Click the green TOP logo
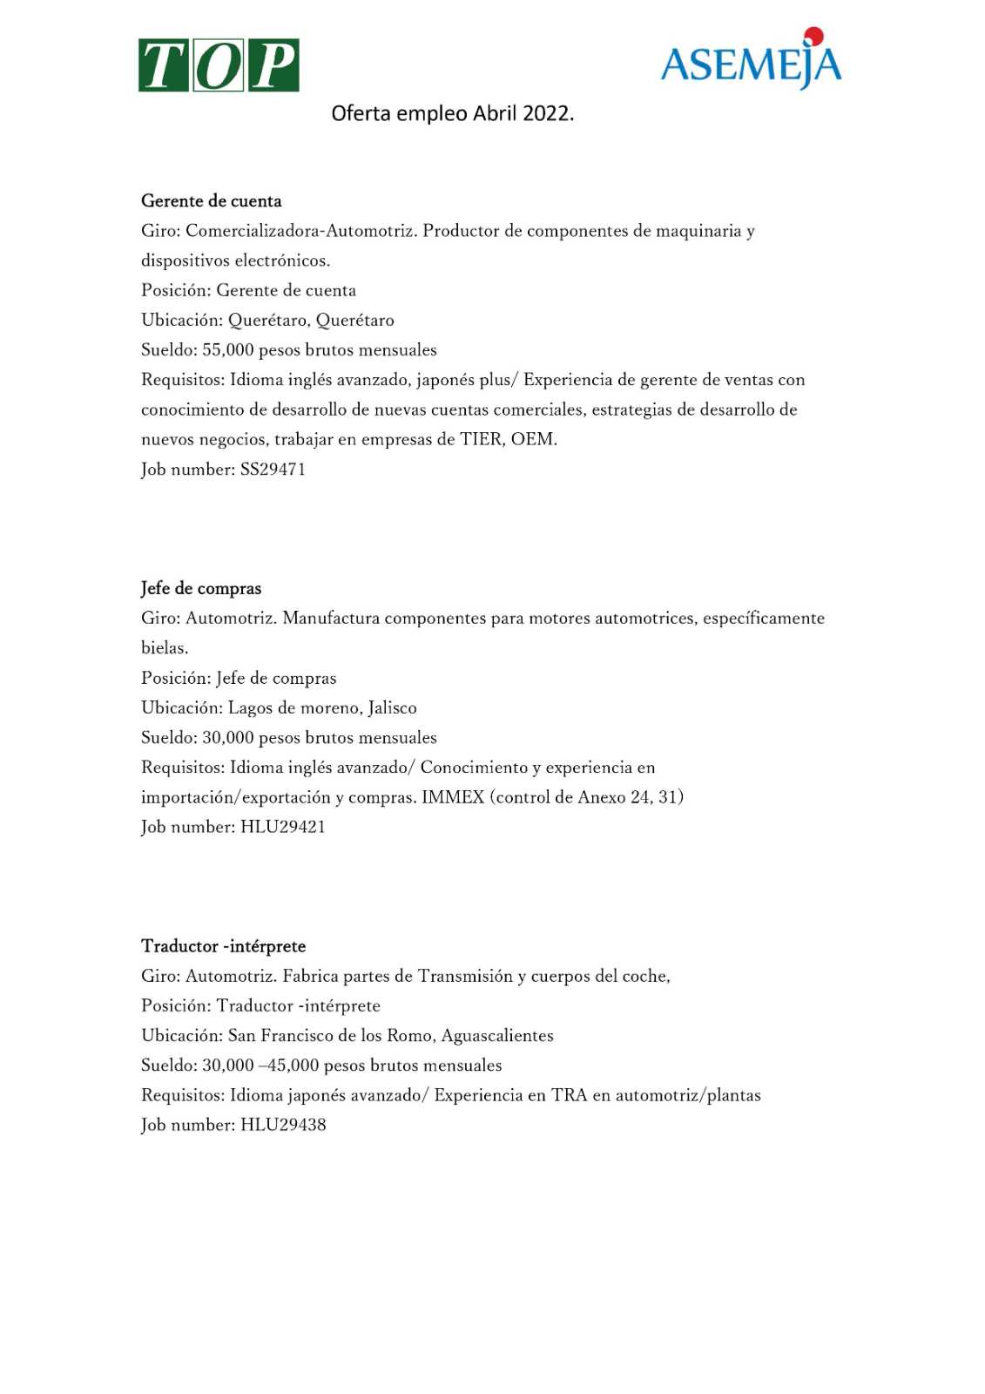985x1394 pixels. (x=219, y=65)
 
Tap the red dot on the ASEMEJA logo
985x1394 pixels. (x=813, y=35)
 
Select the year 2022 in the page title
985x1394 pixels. (x=546, y=114)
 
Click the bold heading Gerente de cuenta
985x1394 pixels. (x=212, y=201)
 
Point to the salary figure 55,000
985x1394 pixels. (x=228, y=350)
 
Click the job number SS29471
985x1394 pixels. (x=273, y=470)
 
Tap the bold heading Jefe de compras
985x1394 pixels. (x=201, y=589)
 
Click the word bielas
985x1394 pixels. (x=164, y=648)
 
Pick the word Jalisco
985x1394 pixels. (x=392, y=707)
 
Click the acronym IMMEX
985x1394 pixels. (x=453, y=797)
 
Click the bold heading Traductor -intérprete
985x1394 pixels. (x=224, y=946)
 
